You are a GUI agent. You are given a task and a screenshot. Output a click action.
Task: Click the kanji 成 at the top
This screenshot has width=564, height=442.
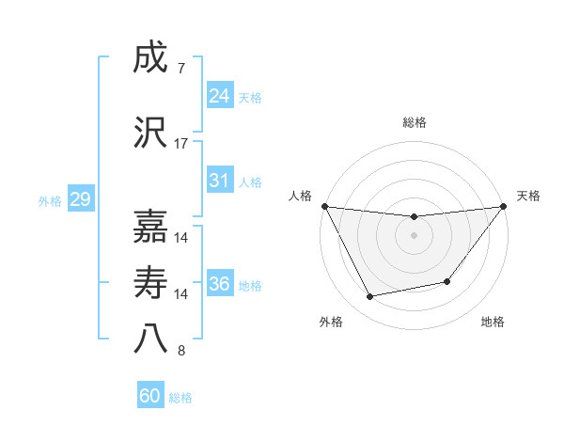coord(149,58)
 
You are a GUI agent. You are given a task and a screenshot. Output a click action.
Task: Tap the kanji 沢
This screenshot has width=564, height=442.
coord(149,133)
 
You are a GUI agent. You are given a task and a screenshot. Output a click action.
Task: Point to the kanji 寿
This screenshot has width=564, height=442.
coord(149,281)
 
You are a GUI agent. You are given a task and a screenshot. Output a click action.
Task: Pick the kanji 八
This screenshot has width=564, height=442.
coord(149,338)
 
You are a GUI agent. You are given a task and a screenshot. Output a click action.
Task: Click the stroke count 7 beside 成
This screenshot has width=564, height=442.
coord(180,69)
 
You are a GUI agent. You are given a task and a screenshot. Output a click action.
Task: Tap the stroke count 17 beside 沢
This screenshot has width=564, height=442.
coord(181,144)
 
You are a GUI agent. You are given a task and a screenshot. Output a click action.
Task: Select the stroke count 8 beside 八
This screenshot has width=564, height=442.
coord(180,351)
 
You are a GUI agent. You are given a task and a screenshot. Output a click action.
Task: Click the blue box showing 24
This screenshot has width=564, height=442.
coord(219,96)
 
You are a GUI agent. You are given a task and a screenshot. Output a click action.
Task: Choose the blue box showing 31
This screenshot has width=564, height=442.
coord(219,180)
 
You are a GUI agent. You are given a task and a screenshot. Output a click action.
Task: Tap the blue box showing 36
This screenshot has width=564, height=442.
coord(219,283)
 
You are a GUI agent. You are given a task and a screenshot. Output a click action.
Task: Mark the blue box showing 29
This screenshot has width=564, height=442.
coord(80,199)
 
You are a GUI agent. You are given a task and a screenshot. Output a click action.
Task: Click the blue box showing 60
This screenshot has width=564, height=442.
coord(150,396)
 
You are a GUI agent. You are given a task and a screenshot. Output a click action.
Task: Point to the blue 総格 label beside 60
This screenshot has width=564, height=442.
coord(180,398)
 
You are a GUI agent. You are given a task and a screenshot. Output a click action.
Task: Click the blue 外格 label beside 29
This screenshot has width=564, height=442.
coord(50,201)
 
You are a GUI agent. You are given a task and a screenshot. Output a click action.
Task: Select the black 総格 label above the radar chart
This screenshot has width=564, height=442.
coord(415,122)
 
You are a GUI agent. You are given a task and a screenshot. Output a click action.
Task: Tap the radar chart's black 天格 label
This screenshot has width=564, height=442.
coord(528,196)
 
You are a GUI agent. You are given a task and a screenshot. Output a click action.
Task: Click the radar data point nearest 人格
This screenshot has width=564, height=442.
coord(324,206)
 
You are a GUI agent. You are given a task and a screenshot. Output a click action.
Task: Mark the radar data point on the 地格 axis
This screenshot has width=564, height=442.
coord(447,281)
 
